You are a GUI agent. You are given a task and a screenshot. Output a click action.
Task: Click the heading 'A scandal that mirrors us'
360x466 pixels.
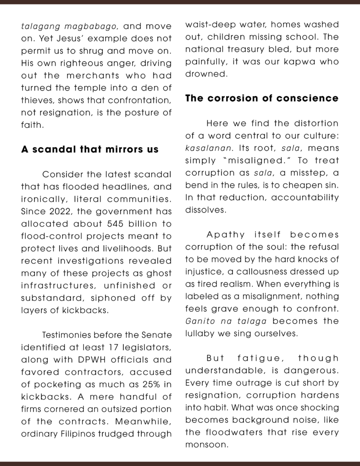90,149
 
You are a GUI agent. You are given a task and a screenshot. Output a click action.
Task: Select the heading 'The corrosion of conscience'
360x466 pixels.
262,98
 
